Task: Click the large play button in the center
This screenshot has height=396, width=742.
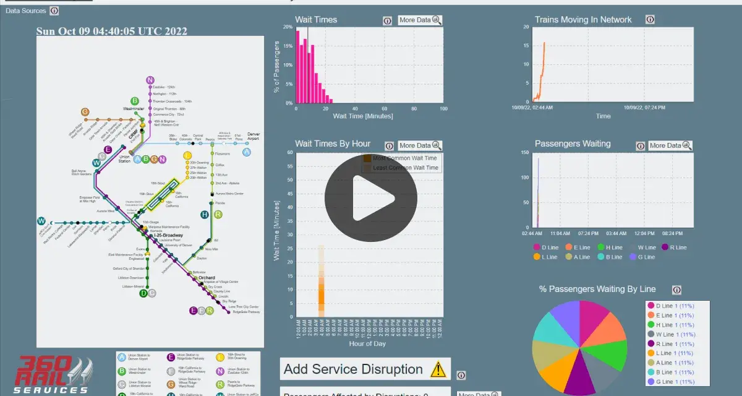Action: (371, 198)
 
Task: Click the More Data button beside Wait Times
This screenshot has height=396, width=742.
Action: (420, 20)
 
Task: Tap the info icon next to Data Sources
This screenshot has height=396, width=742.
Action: (54, 11)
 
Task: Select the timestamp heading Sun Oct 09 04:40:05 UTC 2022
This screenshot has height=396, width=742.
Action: (111, 31)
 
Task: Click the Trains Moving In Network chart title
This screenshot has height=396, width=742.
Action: (583, 20)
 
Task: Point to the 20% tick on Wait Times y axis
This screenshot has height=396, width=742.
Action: (288, 27)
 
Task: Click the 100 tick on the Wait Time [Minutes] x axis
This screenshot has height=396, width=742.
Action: (443, 109)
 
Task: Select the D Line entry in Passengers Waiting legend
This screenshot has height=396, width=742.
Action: (545, 247)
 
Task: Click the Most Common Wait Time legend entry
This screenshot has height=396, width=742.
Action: (405, 158)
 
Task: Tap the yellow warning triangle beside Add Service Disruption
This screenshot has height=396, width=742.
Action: (438, 369)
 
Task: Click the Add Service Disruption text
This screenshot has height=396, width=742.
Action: (353, 369)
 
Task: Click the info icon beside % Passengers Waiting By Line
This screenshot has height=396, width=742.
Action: (676, 290)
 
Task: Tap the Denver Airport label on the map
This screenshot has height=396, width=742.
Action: (253, 136)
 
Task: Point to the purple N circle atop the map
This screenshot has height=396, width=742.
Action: (150, 80)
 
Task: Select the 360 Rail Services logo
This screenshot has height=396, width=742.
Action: (53, 375)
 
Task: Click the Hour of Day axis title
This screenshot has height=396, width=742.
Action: (367, 343)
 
